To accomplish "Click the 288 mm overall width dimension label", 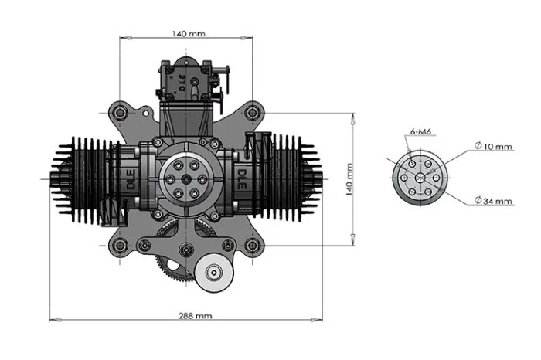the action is pos(195,315).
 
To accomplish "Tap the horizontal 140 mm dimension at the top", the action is pos(189,34).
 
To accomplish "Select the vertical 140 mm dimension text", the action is pos(349,179).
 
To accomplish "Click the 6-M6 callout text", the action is pos(420,132).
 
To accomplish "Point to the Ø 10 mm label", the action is pos(493,146).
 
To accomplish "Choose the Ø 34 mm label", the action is pos(493,201).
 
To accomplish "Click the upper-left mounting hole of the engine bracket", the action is pos(120,113).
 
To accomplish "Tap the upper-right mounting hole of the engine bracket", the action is pos(253,113).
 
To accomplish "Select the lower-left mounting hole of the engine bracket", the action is pos(120,246).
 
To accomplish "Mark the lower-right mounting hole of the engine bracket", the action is pos(253,246).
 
